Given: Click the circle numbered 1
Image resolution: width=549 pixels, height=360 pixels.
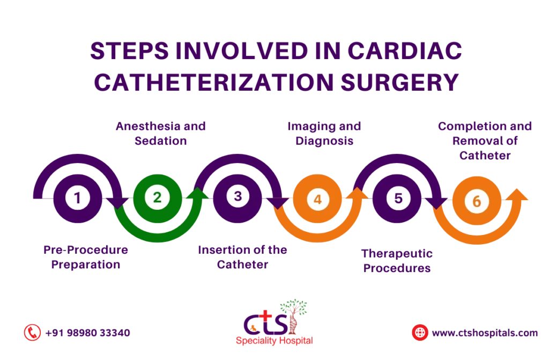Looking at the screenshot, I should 77,198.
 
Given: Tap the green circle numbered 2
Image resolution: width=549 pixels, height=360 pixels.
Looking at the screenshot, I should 157,197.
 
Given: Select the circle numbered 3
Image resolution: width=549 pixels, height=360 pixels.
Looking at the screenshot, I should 238,197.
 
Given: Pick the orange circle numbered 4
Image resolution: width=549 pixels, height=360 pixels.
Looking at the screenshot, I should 317,200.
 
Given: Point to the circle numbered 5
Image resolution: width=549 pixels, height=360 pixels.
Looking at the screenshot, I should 398,199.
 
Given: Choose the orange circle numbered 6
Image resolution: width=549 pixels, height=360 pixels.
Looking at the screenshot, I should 477,201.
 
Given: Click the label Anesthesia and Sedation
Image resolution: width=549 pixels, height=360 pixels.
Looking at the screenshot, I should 161,134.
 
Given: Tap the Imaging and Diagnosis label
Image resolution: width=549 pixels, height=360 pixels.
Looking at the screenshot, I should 325,134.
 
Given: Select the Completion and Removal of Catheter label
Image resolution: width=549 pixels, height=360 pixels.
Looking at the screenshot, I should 485,141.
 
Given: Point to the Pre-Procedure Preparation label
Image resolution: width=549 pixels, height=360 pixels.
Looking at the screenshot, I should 86,258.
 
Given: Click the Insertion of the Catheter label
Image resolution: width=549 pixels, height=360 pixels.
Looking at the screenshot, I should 242,258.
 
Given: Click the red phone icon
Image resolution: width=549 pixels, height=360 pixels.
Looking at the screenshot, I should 32,332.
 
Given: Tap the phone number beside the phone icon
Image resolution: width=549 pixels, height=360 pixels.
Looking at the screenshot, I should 88,333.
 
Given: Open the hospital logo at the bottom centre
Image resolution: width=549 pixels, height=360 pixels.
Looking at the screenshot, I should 274,322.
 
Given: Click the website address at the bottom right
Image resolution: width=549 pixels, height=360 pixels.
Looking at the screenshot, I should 485,333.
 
